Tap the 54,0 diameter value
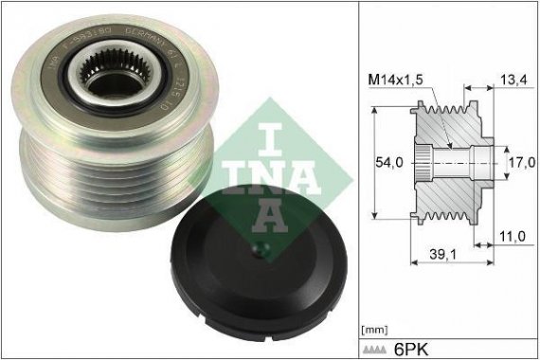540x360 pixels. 388,162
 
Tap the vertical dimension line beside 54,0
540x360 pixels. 376,162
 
